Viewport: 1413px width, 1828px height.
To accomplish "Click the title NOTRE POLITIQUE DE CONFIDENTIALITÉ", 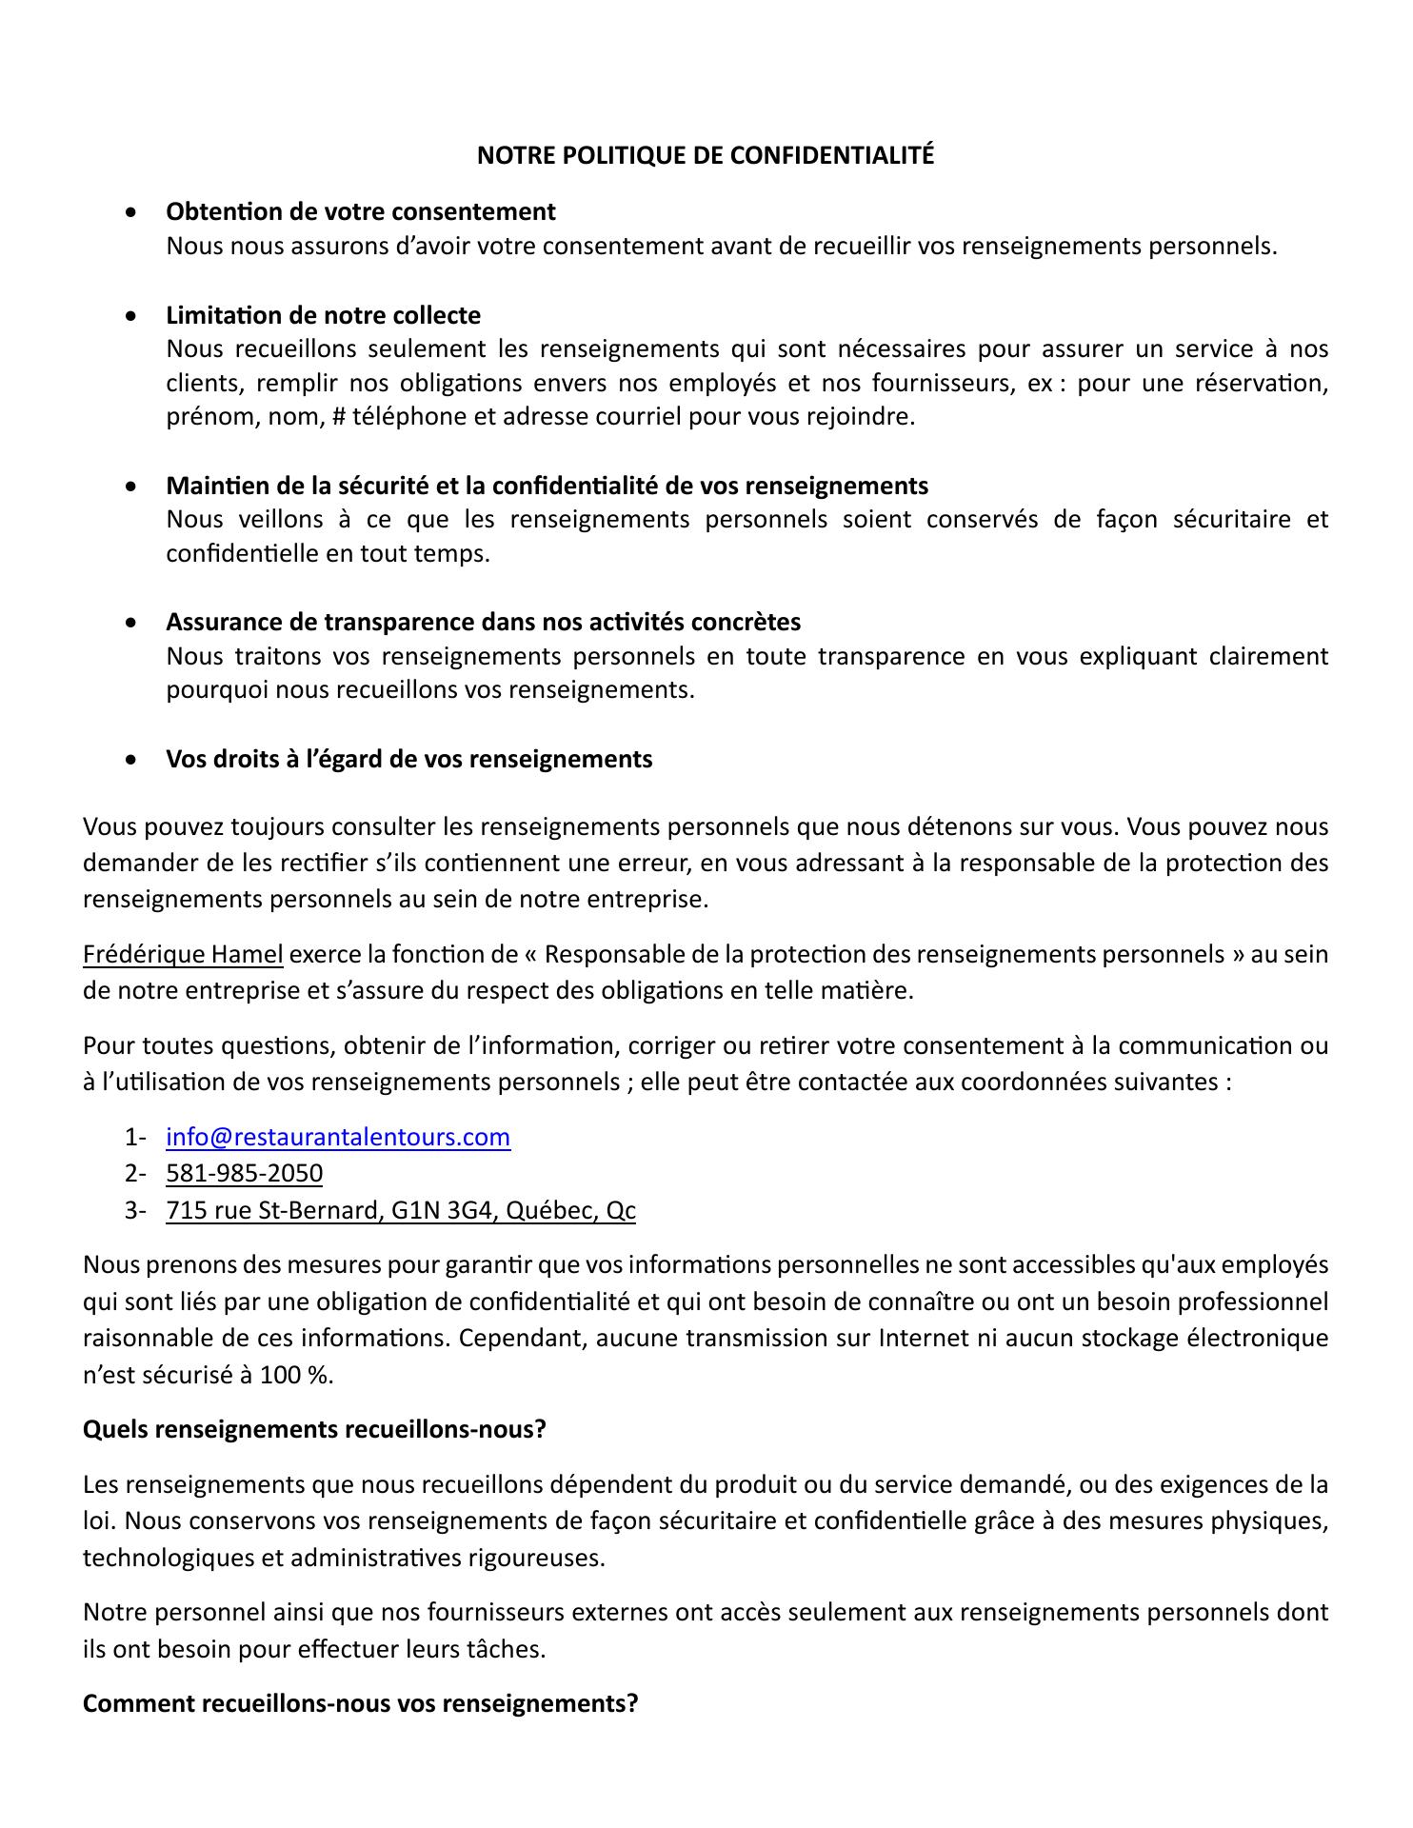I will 706,155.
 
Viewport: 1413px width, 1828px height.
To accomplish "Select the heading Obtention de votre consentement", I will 361,210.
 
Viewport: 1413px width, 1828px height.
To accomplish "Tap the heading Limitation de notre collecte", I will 323,315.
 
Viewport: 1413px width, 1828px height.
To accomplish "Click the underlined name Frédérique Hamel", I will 183,954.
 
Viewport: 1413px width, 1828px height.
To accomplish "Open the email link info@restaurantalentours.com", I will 338,1137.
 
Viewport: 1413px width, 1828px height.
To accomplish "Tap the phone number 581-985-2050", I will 244,1173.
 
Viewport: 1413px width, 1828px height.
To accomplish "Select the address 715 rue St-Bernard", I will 400,1210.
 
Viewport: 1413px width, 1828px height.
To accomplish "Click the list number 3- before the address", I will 134,1210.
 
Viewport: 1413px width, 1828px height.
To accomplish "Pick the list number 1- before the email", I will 134,1137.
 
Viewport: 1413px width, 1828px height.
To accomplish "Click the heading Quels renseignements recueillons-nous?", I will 314,1429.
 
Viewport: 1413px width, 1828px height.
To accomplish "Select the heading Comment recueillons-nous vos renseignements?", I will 360,1703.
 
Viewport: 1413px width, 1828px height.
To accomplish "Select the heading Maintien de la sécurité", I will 547,486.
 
